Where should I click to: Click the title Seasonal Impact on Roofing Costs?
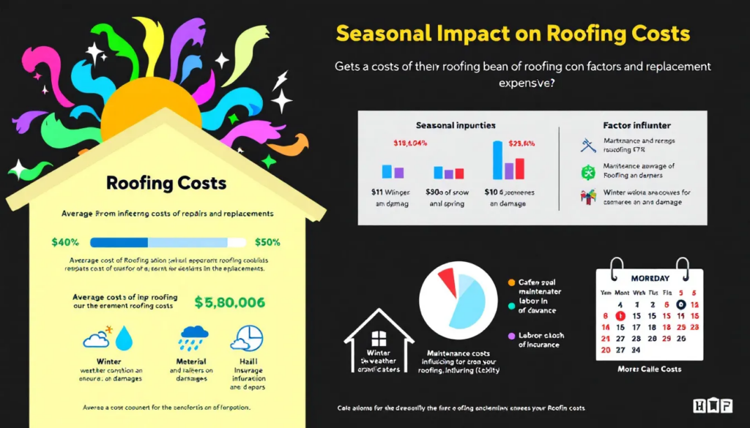tap(513, 34)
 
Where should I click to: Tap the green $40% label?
tap(65, 241)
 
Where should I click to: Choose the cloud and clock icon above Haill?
tap(247, 338)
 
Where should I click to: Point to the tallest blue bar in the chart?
tap(498, 160)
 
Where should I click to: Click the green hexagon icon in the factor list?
tap(587, 173)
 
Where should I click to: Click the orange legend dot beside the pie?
tap(511, 282)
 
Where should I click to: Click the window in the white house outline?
tap(379, 339)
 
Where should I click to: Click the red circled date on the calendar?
tap(619, 316)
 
